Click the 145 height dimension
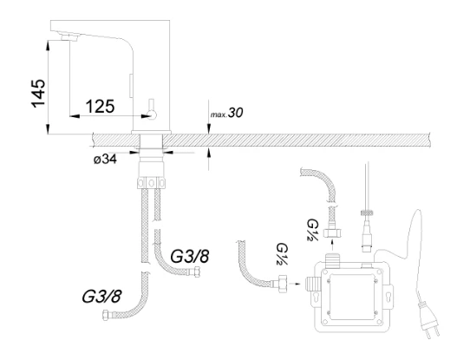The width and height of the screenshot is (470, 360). [x=38, y=93]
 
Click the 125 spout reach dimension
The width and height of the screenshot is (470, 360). [x=100, y=106]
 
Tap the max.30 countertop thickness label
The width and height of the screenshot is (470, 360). [x=226, y=113]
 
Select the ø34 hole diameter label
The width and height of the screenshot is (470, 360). [x=105, y=159]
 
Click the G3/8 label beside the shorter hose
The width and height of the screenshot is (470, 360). [x=189, y=256]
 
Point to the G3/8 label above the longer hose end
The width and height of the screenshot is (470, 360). [x=101, y=297]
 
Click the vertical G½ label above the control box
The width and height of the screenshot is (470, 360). [x=312, y=230]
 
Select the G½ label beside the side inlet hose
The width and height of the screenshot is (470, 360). [x=282, y=254]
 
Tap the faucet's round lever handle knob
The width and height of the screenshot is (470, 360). [x=153, y=115]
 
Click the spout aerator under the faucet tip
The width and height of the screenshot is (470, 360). [x=69, y=37]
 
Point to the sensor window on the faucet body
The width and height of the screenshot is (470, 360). [x=131, y=86]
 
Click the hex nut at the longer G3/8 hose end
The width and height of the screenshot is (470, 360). [x=106, y=316]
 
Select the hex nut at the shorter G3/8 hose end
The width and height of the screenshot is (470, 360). [x=197, y=272]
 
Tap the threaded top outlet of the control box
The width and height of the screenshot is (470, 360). [x=332, y=259]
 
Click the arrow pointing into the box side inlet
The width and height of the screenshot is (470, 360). [x=297, y=284]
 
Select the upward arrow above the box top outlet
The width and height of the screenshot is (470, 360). [x=332, y=245]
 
